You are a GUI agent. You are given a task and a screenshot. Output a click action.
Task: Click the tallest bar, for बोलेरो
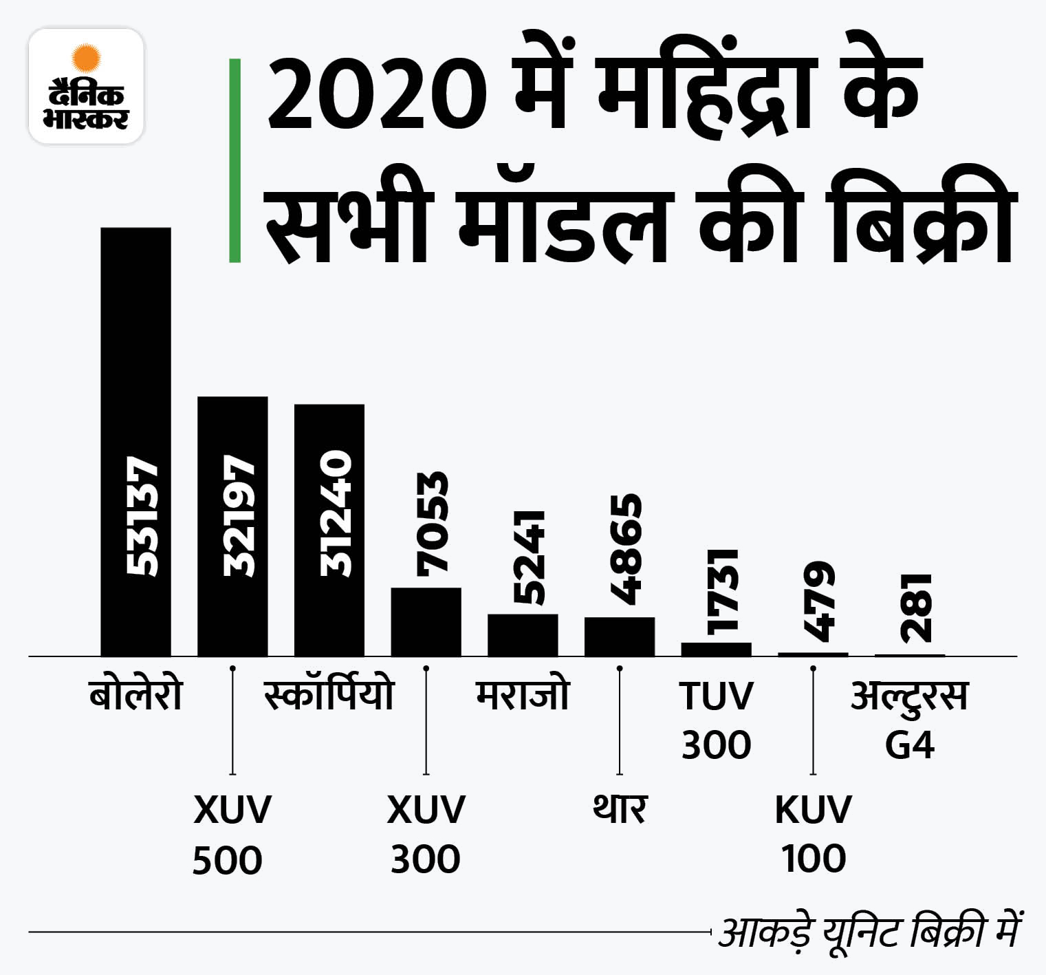(135, 440)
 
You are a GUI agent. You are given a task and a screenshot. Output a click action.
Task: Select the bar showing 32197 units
(232, 526)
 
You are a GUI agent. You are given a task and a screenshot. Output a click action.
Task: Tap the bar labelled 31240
(329, 530)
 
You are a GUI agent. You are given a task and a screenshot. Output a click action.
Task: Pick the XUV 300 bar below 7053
(426, 621)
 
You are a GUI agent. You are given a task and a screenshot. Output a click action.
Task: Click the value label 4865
(626, 549)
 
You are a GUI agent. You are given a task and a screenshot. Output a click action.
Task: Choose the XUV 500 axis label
(231, 834)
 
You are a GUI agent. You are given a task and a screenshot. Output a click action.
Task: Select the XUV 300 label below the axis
(426, 834)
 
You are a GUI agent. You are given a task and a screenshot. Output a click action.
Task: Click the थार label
(619, 808)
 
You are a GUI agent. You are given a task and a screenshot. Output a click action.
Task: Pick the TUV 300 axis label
(716, 719)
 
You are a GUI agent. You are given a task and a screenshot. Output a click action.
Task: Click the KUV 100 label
(813, 834)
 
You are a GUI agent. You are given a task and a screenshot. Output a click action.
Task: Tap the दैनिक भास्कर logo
(86, 86)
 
